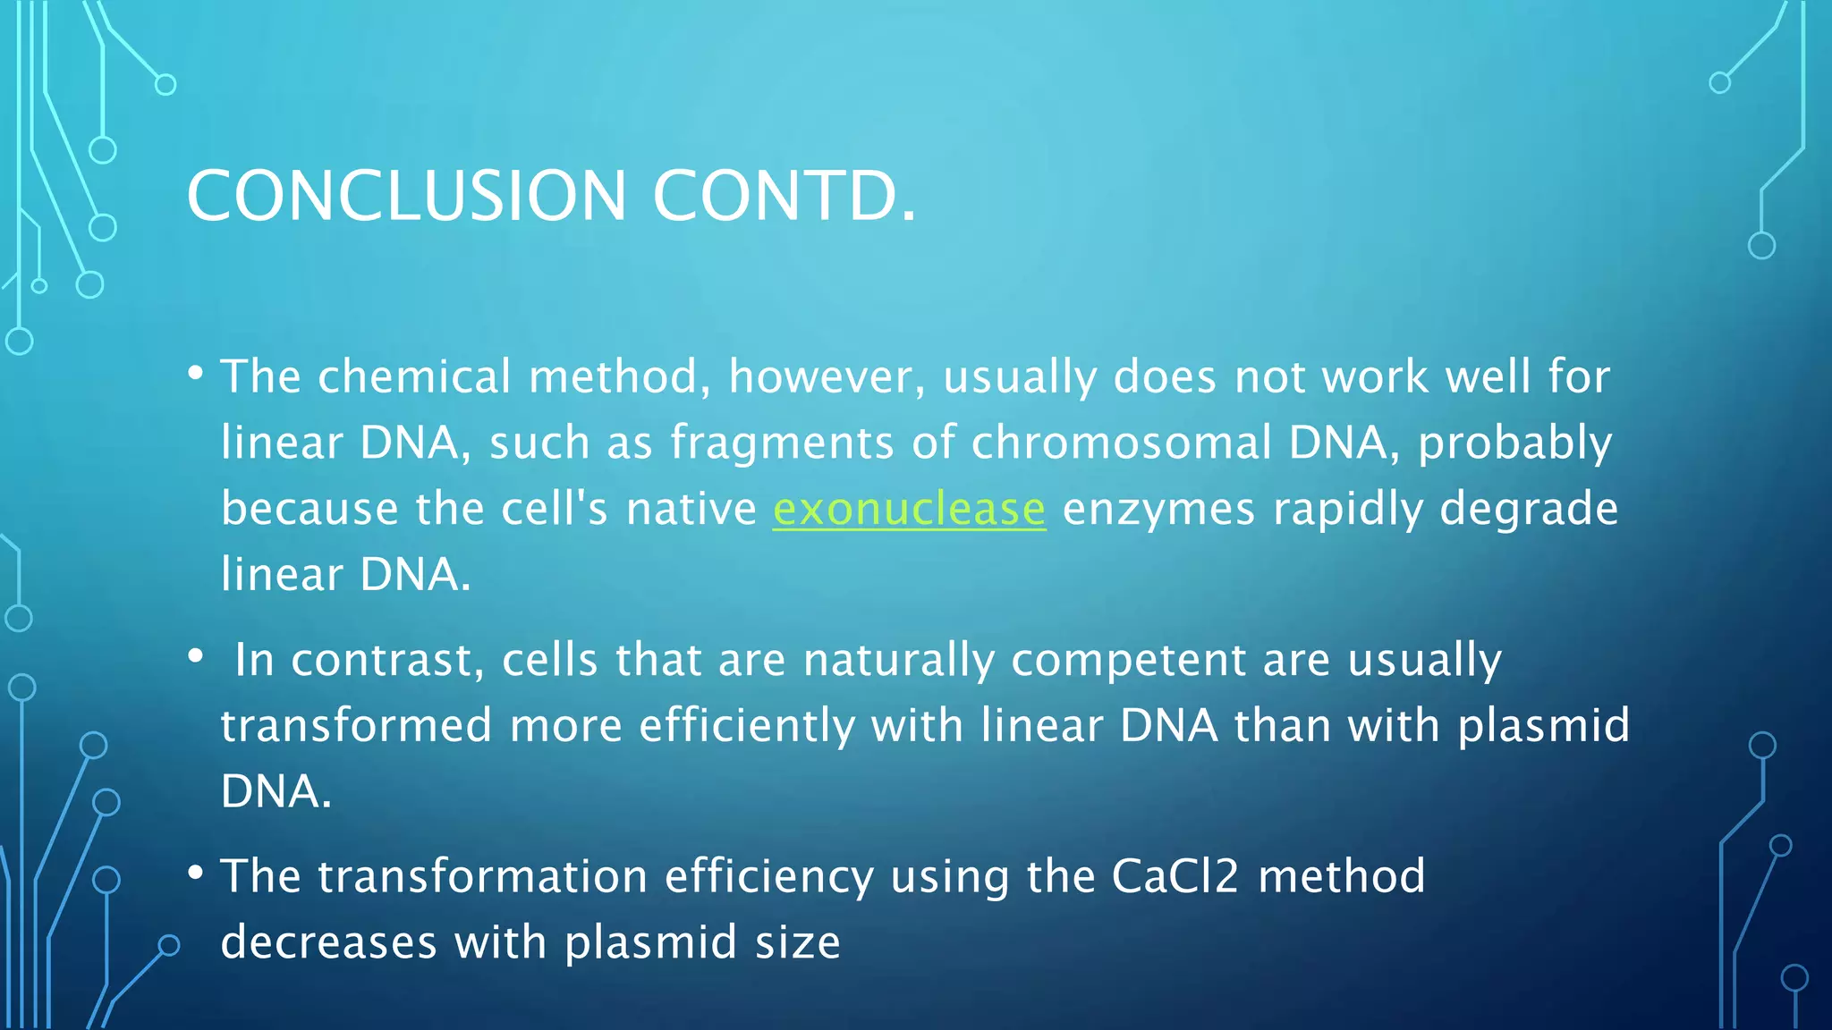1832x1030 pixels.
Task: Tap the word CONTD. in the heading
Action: click(x=785, y=196)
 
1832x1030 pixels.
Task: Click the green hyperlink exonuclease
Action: click(x=909, y=509)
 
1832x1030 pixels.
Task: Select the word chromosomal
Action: click(x=1121, y=443)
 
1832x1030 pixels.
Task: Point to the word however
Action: click(x=827, y=376)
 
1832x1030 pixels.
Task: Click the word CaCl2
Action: click(x=1175, y=876)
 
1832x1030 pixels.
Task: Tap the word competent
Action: click(x=1128, y=661)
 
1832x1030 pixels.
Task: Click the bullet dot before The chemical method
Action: click(x=196, y=373)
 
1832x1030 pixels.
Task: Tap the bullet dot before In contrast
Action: click(x=196, y=657)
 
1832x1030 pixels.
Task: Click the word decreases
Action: click(x=328, y=942)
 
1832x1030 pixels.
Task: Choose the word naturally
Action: click(x=898, y=661)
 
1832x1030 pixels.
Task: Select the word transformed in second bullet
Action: click(x=356, y=725)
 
